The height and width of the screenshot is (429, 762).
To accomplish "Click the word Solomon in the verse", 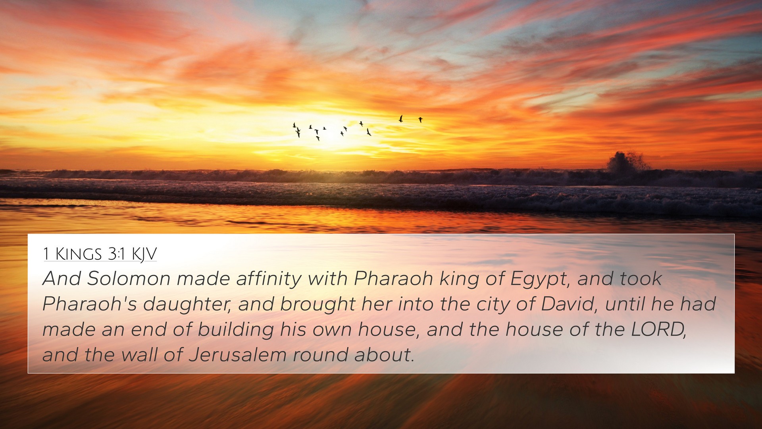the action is coord(129,278).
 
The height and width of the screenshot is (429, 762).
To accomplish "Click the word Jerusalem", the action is coord(238,355).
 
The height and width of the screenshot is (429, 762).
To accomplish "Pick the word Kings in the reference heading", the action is coord(78,253).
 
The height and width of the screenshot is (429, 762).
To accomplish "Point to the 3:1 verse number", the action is coord(117,253).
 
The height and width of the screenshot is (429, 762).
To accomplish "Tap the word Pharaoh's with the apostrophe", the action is coord(90,304).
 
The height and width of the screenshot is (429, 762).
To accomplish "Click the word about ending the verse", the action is coord(384,355).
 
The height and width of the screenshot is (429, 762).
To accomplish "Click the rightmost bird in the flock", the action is coord(420,120).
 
